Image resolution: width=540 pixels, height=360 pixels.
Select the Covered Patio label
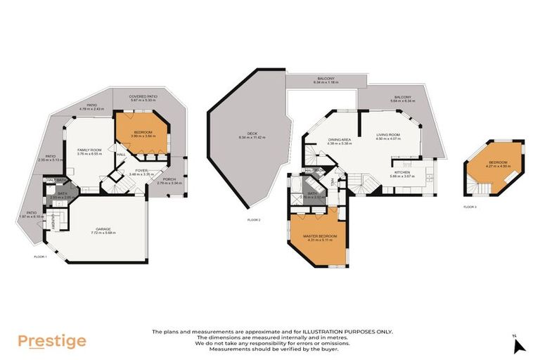tap(143, 98)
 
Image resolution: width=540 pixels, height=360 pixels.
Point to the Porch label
tap(169, 181)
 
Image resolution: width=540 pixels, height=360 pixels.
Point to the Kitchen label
tap(403, 174)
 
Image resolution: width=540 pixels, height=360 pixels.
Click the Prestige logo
tap(52, 341)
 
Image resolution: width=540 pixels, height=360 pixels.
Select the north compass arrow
tap(519, 345)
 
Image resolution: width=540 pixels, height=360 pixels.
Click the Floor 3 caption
tap(470, 207)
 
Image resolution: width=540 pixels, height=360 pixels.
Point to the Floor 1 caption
tap(40, 257)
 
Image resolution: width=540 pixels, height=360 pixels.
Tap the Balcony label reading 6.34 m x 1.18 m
tap(326, 80)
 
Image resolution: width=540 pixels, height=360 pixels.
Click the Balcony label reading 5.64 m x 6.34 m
tap(403, 99)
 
